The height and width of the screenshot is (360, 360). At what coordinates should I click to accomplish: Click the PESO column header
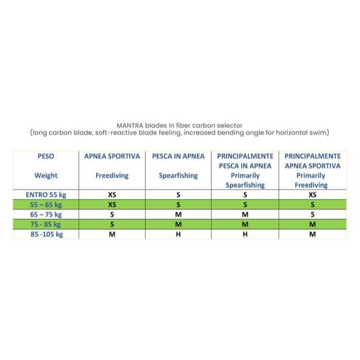pyautogui.click(x=46, y=156)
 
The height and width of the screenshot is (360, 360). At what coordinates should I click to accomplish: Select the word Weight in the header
pyautogui.click(x=46, y=175)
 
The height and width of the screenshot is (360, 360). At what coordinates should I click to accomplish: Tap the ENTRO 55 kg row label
pyautogui.click(x=46, y=195)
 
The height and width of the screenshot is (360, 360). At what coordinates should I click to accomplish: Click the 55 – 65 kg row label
pyautogui.click(x=46, y=205)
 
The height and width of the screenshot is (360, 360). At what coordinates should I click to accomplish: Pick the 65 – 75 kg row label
pyautogui.click(x=46, y=214)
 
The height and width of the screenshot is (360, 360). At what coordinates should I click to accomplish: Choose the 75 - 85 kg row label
pyautogui.click(x=46, y=224)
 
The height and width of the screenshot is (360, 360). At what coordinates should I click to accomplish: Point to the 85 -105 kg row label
pyautogui.click(x=46, y=234)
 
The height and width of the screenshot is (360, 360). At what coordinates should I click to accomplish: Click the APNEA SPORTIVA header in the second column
pyautogui.click(x=112, y=156)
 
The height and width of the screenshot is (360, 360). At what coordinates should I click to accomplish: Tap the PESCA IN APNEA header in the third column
pyautogui.click(x=178, y=156)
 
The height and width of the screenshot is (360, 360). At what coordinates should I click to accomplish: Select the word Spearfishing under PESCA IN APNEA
pyautogui.click(x=178, y=175)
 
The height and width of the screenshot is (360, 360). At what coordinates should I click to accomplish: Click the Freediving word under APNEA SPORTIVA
pyautogui.click(x=112, y=175)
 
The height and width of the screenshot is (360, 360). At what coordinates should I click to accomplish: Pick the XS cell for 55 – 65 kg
pyautogui.click(x=112, y=205)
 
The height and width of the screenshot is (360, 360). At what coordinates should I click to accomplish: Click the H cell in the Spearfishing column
pyautogui.click(x=178, y=234)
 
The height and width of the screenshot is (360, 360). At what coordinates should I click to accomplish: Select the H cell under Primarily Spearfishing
pyautogui.click(x=245, y=234)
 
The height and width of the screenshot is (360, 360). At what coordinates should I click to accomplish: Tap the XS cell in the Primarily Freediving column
pyautogui.click(x=312, y=195)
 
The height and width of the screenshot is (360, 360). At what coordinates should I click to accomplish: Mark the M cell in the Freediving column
pyautogui.click(x=112, y=234)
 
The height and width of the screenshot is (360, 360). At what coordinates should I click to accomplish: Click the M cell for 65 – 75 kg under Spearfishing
pyautogui.click(x=178, y=214)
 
